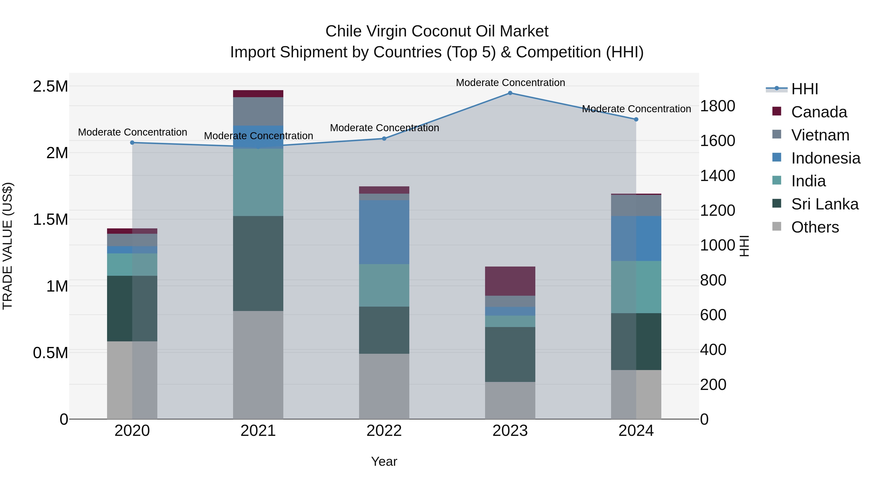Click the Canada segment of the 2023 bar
pyautogui.click(x=510, y=281)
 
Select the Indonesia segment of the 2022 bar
pyautogui.click(x=384, y=232)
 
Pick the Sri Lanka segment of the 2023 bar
pyautogui.click(x=510, y=354)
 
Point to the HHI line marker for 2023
pyautogui.click(x=510, y=93)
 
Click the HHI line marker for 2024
pyautogui.click(x=636, y=120)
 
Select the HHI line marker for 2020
pyautogui.click(x=132, y=143)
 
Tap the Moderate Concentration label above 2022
pyautogui.click(x=384, y=128)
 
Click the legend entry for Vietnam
pyautogui.click(x=820, y=135)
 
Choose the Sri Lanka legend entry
pyautogui.click(x=824, y=204)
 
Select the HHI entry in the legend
pyautogui.click(x=805, y=89)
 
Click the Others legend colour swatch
pyautogui.click(x=777, y=226)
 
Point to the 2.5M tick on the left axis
pyautogui.click(x=50, y=86)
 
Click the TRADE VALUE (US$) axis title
pyautogui.click(x=8, y=246)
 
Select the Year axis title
pyautogui.click(x=384, y=461)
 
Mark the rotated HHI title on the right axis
pyautogui.click(x=744, y=246)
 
